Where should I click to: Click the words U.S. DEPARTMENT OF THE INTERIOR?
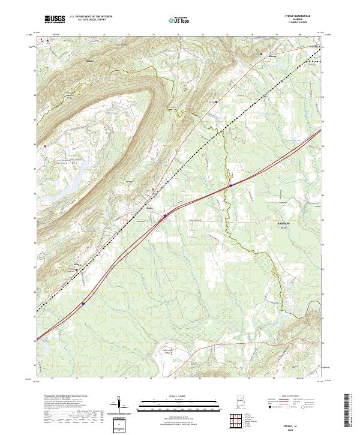[91, 16]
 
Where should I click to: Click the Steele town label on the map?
[150, 208]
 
